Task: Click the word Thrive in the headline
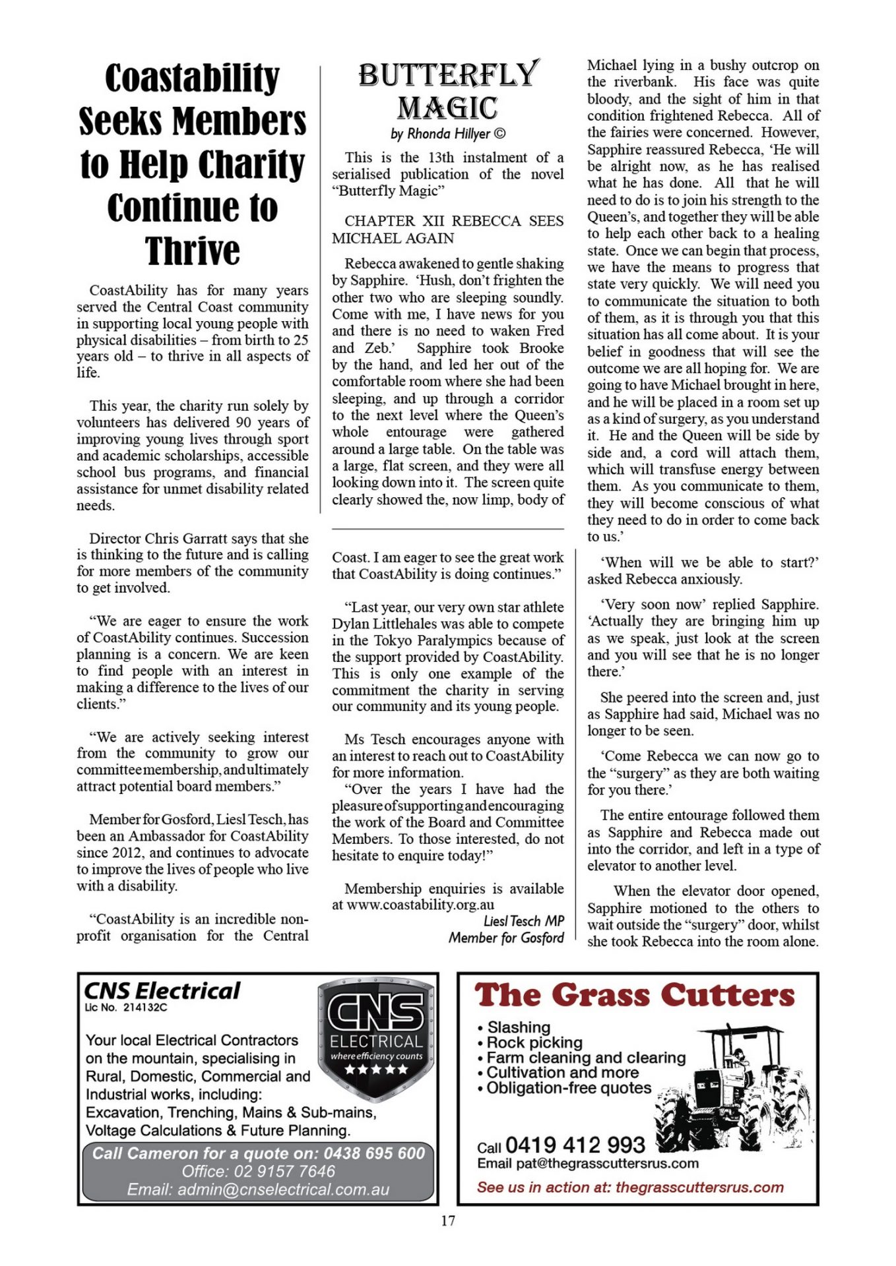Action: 193,251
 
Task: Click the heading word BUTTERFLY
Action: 449,74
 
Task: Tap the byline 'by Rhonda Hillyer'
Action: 448,134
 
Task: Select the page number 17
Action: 448,1221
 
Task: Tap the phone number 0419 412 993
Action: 575,1145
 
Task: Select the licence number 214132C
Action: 145,1007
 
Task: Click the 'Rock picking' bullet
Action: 534,1042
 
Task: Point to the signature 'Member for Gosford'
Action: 506,938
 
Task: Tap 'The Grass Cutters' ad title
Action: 635,995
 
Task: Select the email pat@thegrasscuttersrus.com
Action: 607,1163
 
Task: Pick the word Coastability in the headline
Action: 193,78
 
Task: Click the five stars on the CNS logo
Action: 376,1069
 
